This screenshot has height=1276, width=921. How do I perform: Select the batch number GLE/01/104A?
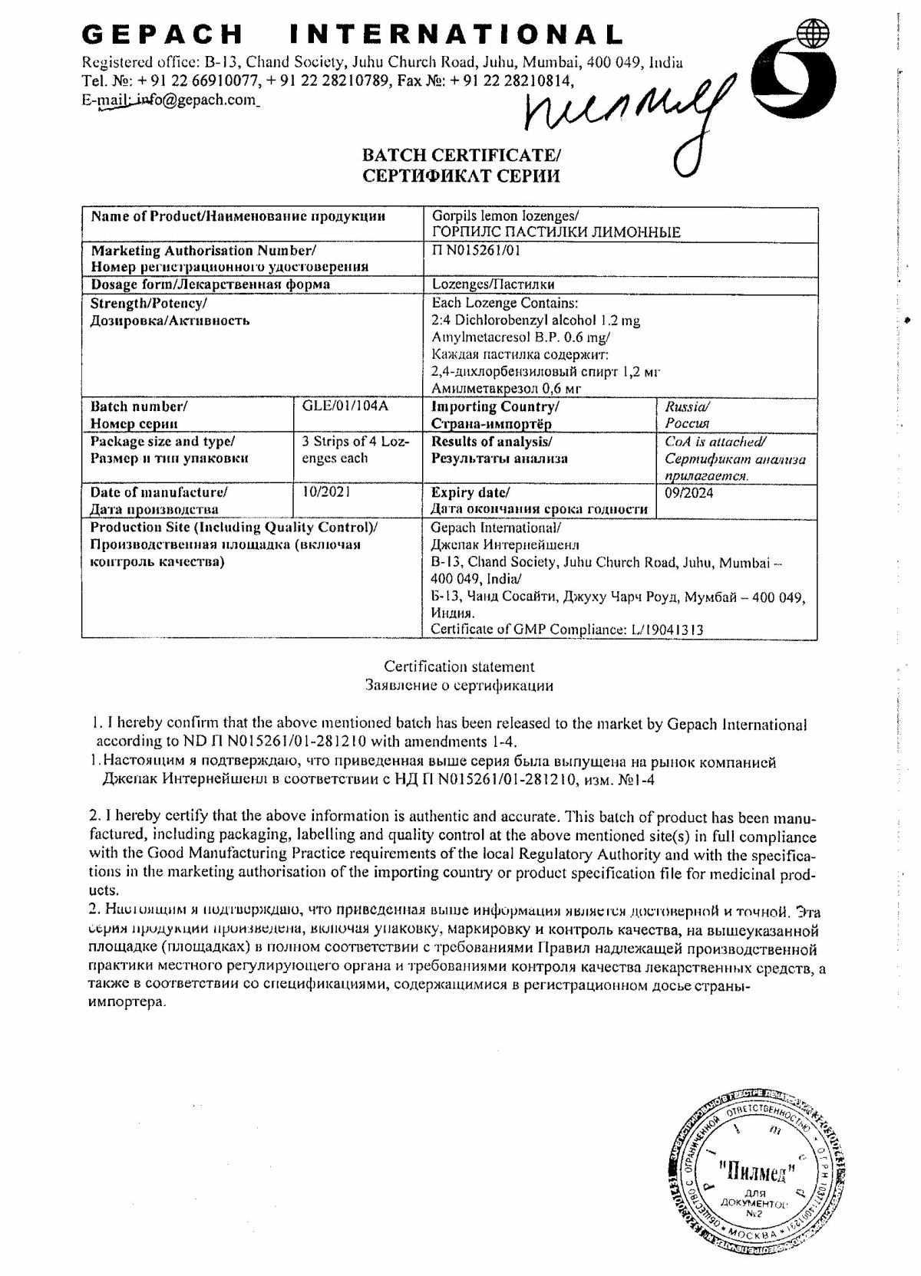342,406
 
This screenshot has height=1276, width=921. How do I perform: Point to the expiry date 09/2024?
688,492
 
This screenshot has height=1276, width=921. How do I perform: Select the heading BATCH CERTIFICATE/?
460,156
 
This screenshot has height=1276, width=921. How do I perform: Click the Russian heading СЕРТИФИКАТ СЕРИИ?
460,176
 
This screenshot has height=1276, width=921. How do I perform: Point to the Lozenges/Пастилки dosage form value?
493,284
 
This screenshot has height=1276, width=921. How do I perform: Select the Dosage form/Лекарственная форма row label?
210,284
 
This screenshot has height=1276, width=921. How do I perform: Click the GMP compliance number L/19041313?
667,630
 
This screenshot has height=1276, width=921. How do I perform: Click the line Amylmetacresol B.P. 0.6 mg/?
522,337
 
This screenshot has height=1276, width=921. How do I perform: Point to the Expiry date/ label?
470,492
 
